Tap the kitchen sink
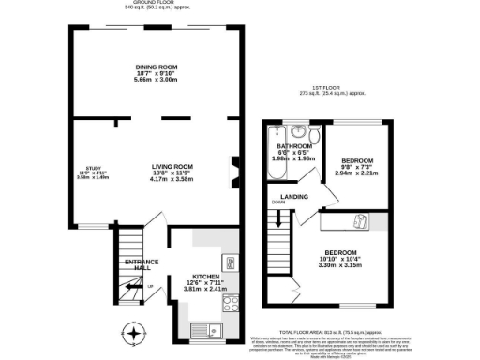coord(205,328)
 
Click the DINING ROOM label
coord(157,66)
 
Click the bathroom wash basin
coord(297,132)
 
